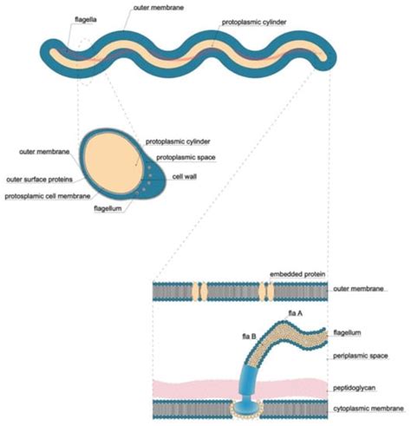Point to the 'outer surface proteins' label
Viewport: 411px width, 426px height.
pyautogui.click(x=38, y=180)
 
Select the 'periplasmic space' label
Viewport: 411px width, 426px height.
pyautogui.click(x=357, y=357)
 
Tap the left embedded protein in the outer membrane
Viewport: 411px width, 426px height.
pyautogui.click(x=200, y=291)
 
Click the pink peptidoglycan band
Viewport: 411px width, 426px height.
pyautogui.click(x=191, y=386)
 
